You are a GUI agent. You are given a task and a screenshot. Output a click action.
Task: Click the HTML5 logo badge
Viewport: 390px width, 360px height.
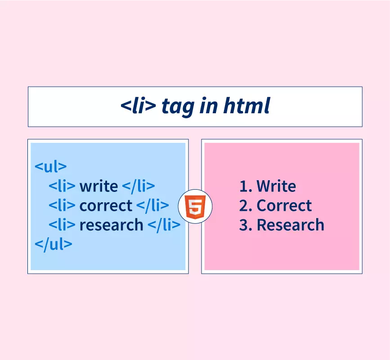[195, 206]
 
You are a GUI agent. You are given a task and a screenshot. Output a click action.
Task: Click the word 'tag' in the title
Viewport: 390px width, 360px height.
[178, 107]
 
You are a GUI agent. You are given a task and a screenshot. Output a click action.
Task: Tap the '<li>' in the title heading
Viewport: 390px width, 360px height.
[138, 105]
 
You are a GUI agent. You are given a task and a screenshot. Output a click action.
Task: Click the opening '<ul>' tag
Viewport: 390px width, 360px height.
[51, 166]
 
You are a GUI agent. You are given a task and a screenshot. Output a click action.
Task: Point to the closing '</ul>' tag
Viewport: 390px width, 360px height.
[54, 244]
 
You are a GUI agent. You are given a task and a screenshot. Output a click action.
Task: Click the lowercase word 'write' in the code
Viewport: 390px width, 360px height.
[99, 186]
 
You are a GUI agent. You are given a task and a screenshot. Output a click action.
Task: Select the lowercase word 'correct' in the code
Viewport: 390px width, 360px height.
[106, 206]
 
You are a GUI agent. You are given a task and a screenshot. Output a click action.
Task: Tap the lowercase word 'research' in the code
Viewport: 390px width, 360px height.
[111, 225]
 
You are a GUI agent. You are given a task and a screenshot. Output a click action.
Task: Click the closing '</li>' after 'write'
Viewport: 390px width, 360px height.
[139, 186]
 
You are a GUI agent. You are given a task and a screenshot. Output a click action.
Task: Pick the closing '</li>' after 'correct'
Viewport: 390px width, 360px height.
[153, 206]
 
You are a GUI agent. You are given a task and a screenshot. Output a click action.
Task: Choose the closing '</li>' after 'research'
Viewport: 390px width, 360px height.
[164, 225]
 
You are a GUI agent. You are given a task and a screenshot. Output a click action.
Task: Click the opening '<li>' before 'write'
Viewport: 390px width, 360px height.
[62, 186]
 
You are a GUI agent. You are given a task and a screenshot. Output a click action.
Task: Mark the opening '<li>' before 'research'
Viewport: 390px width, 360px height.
[62, 225]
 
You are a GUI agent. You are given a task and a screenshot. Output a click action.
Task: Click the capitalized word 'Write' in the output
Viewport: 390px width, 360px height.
[276, 186]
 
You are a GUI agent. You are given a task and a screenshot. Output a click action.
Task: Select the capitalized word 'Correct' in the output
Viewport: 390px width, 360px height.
[284, 206]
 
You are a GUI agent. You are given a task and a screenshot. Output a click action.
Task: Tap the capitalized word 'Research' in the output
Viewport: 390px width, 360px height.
[290, 225]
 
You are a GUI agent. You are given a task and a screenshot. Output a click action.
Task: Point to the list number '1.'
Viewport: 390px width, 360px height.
[246, 187]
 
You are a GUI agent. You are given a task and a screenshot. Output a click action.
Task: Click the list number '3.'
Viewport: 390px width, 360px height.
[246, 225]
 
